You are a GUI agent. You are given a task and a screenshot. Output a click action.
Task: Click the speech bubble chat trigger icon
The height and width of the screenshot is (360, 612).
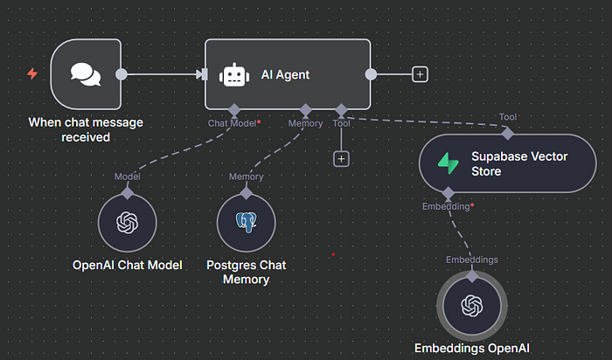86,74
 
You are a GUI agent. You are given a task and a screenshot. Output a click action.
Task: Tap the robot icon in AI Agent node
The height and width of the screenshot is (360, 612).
233,75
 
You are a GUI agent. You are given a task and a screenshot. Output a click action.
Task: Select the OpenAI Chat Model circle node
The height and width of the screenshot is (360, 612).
128,223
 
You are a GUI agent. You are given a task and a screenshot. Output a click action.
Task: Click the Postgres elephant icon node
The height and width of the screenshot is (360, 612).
246,223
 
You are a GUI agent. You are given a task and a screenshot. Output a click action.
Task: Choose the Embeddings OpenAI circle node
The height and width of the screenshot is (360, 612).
472,306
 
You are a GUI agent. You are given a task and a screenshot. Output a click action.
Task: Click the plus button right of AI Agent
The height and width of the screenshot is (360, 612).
421,74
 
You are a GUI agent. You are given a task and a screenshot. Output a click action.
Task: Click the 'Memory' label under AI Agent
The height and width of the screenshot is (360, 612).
305,123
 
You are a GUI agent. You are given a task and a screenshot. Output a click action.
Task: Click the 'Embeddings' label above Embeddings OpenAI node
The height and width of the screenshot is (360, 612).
472,260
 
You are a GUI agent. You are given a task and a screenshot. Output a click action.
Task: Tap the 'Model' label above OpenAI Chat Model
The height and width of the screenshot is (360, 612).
128,177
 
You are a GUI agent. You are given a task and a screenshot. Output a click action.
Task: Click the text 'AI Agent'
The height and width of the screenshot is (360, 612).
285,75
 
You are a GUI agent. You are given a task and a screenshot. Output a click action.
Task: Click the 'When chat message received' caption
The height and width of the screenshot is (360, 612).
86,129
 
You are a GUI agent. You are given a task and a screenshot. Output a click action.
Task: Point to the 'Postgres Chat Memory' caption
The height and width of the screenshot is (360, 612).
246,272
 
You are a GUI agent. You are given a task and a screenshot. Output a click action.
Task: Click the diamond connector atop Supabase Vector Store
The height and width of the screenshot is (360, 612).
507,134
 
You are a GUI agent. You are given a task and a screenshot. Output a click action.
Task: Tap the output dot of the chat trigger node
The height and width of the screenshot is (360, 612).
122,74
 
